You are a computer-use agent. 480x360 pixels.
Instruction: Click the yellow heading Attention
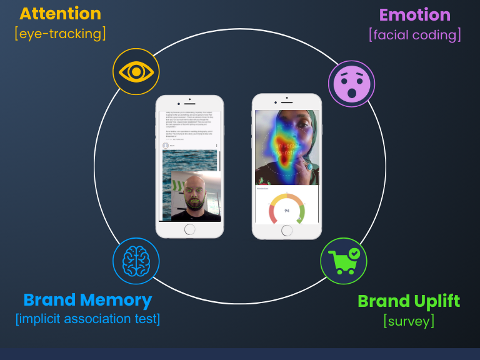point(60,14)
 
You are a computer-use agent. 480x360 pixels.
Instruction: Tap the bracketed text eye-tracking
point(60,33)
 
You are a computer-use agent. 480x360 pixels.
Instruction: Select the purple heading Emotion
point(414,15)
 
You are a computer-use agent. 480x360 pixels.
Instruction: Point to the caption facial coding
point(415,34)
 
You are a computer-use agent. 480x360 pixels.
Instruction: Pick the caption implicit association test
point(87,319)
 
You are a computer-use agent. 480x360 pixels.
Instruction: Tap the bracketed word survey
point(409,321)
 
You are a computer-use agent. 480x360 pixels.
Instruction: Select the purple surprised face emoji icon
point(351,84)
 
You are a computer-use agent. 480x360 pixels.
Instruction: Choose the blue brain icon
point(136,261)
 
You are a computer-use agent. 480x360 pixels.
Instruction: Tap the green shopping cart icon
point(343,261)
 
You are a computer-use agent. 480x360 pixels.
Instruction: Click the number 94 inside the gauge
point(287,211)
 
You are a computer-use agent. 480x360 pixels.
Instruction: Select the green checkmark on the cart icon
point(354,253)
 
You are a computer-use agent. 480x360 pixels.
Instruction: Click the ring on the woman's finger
point(307,166)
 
